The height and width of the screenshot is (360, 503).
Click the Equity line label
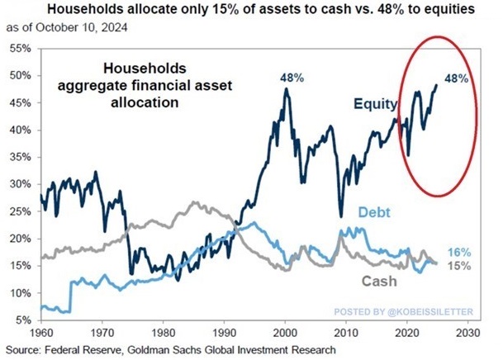pyautogui.click(x=377, y=105)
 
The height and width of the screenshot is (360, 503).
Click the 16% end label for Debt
pyautogui.click(x=459, y=251)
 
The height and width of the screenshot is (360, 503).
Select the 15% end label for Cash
pyautogui.click(x=459, y=265)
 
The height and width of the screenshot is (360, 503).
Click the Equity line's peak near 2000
pyautogui.click(x=286, y=89)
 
